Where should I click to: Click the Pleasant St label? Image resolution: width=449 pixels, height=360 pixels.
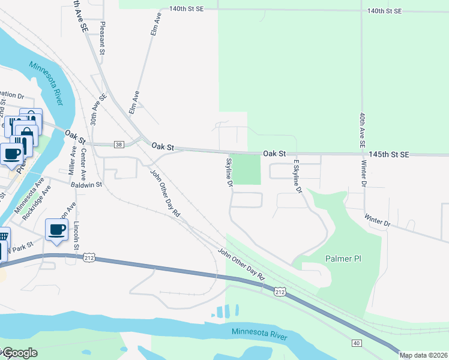click(x=103, y=39)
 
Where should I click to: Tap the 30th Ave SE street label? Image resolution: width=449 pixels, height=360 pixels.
click(x=94, y=109)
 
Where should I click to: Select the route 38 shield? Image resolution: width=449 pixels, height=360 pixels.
click(x=118, y=145)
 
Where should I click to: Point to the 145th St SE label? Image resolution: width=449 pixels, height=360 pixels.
click(x=388, y=154)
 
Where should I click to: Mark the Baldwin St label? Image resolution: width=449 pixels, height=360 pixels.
click(x=87, y=185)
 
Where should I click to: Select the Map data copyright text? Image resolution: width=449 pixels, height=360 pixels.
click(x=423, y=355)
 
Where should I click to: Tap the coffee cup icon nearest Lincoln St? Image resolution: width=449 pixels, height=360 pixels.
click(x=57, y=230)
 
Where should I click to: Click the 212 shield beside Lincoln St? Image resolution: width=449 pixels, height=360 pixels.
click(x=89, y=258)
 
